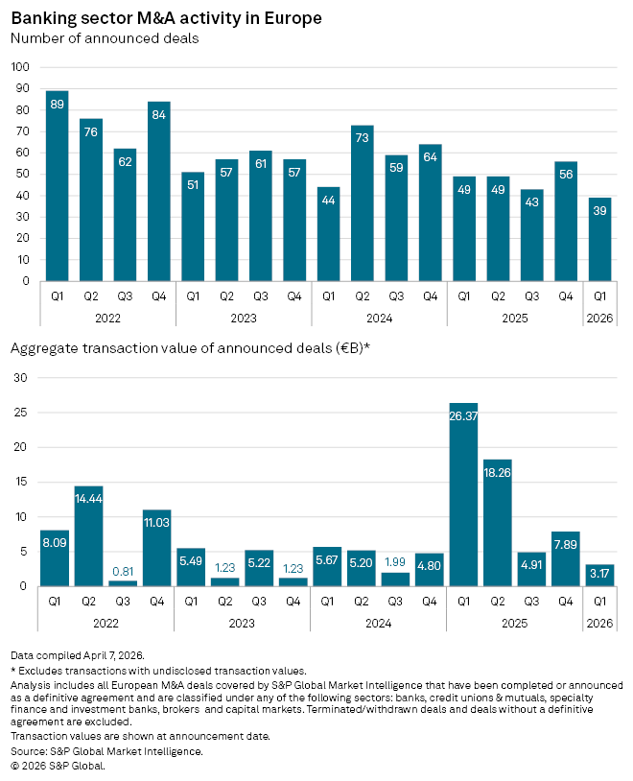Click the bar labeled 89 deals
pyautogui.click(x=57, y=186)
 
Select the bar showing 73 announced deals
pyautogui.click(x=363, y=203)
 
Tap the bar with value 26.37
pyautogui.click(x=463, y=494)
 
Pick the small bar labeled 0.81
pyautogui.click(x=123, y=583)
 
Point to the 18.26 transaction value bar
pyautogui.click(x=497, y=523)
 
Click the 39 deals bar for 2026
pyautogui.click(x=599, y=239)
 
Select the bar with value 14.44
pyautogui.click(x=88, y=536)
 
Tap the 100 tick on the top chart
pyautogui.click(x=20, y=67)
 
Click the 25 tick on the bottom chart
pyautogui.click(x=20, y=413)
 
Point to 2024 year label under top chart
pyautogui.click(x=379, y=319)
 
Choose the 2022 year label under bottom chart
pyautogui.click(x=106, y=623)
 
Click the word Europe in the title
pyautogui.click(x=293, y=18)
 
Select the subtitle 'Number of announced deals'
pyautogui.click(x=105, y=38)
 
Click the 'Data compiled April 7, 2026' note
pyautogui.click(x=78, y=655)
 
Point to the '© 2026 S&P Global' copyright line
pyautogui.click(x=58, y=766)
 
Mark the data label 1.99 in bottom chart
pyautogui.click(x=395, y=562)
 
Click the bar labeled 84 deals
pyautogui.click(x=158, y=191)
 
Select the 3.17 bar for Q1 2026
pyautogui.click(x=599, y=576)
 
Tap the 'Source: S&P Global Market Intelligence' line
pyautogui.click(x=106, y=751)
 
